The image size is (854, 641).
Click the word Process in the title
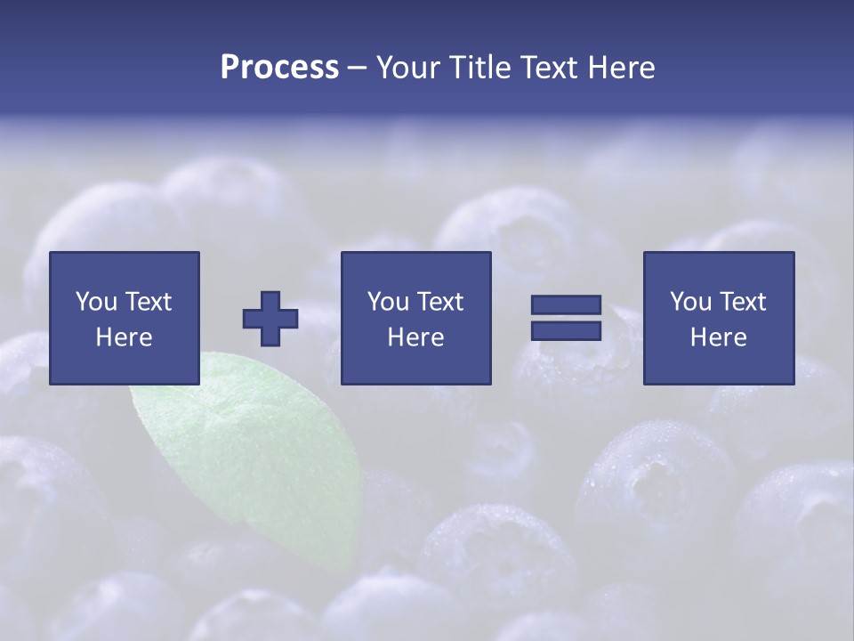[279, 68]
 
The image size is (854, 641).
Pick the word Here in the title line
[622, 68]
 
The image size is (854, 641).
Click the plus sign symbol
[270, 318]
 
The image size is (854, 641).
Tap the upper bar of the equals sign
[566, 305]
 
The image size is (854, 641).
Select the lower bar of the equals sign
[566, 330]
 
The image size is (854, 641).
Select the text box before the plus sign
[125, 318]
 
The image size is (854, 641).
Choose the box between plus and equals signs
[416, 318]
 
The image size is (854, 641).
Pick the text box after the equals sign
[719, 318]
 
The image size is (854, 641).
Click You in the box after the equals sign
[690, 302]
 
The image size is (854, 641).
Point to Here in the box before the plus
[125, 337]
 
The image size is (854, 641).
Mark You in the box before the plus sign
[96, 302]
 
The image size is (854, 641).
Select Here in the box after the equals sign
[719, 337]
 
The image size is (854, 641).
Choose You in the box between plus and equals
[388, 302]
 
